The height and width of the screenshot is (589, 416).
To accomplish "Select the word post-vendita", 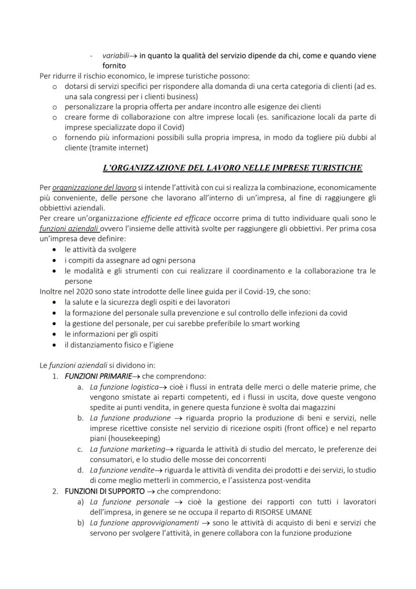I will [x=289, y=480].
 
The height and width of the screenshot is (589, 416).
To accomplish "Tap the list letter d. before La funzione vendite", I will [x=80, y=470].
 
